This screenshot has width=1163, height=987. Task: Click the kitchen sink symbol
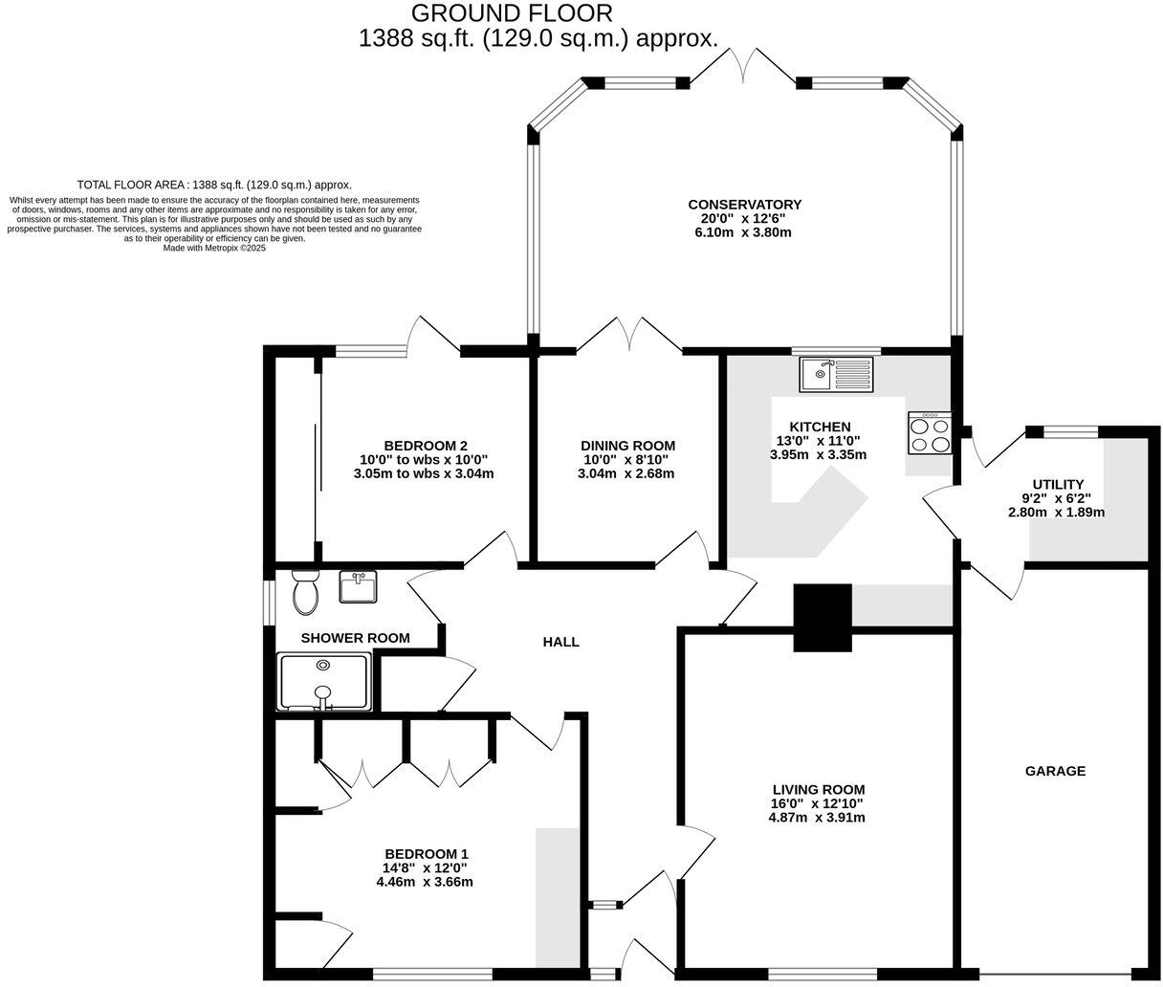(837, 374)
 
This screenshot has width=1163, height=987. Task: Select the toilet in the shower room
(306, 592)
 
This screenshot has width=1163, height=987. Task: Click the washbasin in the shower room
(358, 586)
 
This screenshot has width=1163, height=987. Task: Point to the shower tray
(323, 682)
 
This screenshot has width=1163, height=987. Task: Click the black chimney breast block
(822, 618)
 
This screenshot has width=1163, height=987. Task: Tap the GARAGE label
(1055, 771)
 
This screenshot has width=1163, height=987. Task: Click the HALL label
(560, 642)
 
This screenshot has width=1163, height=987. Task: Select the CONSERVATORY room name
(744, 205)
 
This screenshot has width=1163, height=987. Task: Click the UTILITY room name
(1058, 484)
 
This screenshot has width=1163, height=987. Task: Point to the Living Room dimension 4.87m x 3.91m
(818, 818)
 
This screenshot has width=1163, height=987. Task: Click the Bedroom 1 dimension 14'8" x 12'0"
(427, 868)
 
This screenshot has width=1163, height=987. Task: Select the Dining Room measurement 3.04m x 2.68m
(627, 473)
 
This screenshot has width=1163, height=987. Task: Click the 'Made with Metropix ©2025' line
(214, 248)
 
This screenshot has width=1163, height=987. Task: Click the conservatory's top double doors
(743, 67)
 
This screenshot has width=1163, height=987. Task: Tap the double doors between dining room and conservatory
(628, 337)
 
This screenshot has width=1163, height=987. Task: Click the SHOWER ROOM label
(355, 638)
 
